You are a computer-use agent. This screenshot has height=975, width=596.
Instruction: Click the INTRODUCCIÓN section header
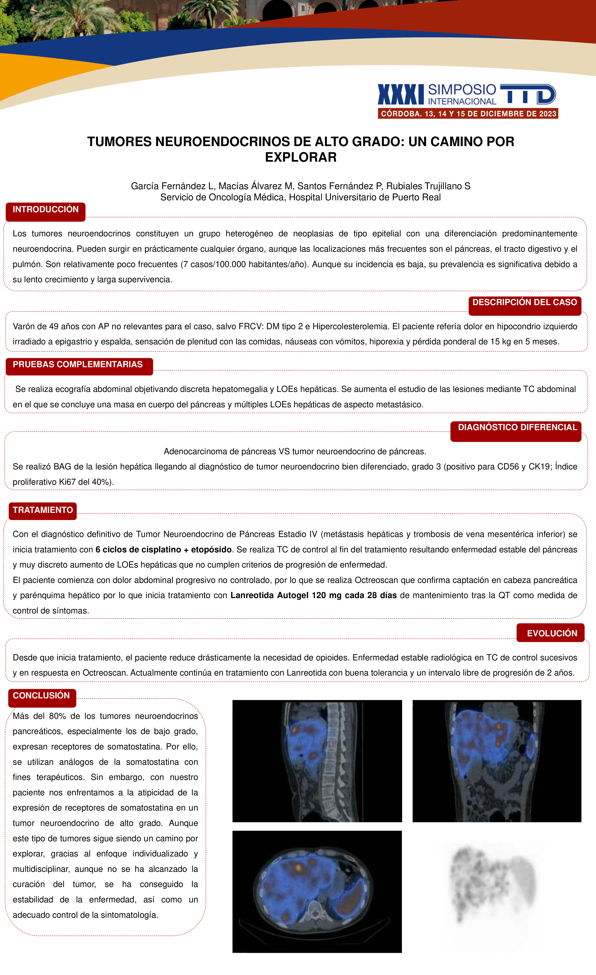[x=45, y=210]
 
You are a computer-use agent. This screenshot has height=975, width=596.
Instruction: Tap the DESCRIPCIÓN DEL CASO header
[x=524, y=303]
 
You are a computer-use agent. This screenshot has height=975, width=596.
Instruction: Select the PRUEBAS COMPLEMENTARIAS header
[x=78, y=365]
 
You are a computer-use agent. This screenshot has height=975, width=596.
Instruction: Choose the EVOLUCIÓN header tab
[x=552, y=633]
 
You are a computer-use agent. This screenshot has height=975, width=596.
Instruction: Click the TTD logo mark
[x=528, y=94]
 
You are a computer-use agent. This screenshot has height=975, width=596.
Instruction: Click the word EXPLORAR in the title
[x=301, y=157]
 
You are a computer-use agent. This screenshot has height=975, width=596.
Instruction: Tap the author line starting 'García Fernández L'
[x=301, y=186]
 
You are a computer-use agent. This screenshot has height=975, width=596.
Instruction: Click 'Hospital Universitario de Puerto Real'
[x=365, y=197]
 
